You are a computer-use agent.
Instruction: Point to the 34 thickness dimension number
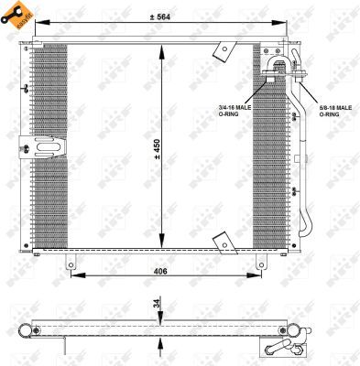click(157, 303)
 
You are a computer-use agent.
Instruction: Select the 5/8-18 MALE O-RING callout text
click(333, 111)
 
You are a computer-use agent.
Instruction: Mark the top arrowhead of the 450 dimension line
click(162, 48)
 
